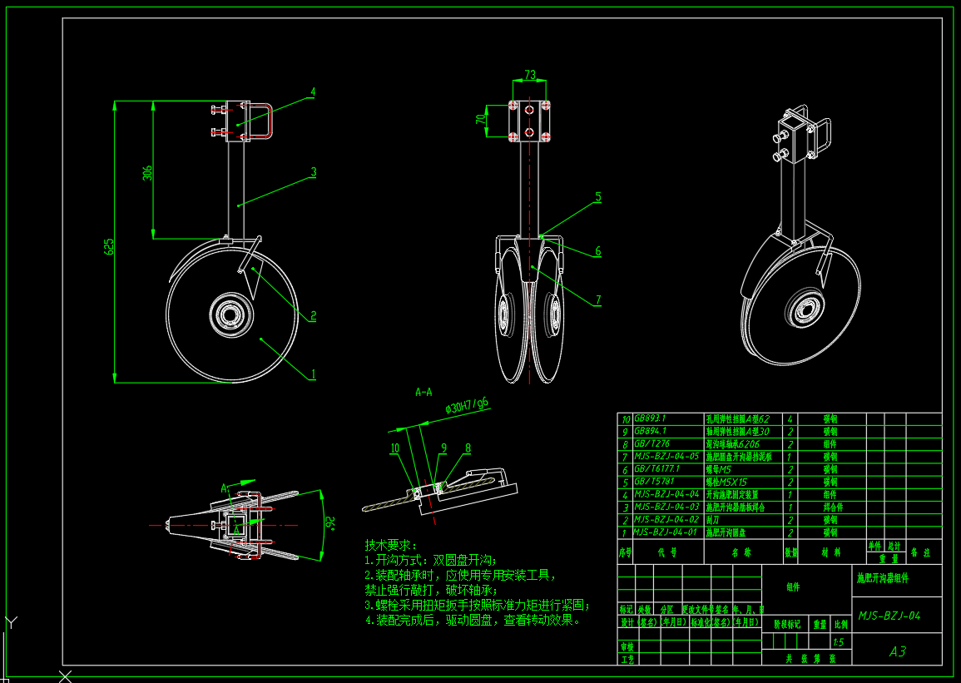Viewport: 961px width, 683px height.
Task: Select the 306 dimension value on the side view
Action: tap(148, 173)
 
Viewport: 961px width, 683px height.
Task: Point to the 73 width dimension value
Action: tap(530, 75)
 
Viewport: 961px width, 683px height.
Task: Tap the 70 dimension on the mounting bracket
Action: tap(480, 119)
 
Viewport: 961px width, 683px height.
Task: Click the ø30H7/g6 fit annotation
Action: tap(467, 405)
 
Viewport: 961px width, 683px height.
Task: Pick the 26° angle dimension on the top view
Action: tap(329, 523)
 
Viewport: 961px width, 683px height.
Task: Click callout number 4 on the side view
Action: tap(313, 92)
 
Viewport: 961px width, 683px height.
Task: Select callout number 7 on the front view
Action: tap(597, 300)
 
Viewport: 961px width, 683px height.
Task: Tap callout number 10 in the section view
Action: tap(395, 448)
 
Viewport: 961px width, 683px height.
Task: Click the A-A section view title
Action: tap(424, 390)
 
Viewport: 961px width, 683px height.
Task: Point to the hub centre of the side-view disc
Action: tap(230, 315)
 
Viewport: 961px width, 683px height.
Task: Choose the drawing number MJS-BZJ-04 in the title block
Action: tap(889, 616)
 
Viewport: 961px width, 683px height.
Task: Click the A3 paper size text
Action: tap(897, 651)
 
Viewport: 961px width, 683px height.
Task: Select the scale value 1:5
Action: tap(839, 641)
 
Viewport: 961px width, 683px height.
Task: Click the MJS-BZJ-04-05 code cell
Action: tap(666, 457)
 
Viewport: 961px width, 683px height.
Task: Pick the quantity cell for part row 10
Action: tap(788, 420)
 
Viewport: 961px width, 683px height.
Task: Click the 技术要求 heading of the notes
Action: tap(389, 545)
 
